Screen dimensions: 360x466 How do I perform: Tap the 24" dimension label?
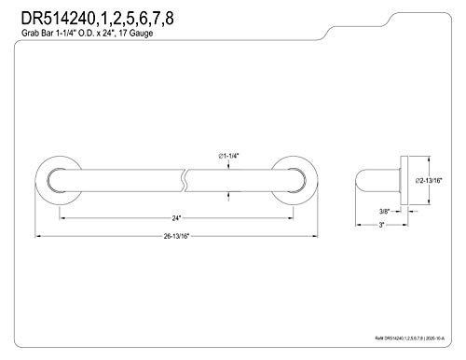[x=177, y=216]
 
